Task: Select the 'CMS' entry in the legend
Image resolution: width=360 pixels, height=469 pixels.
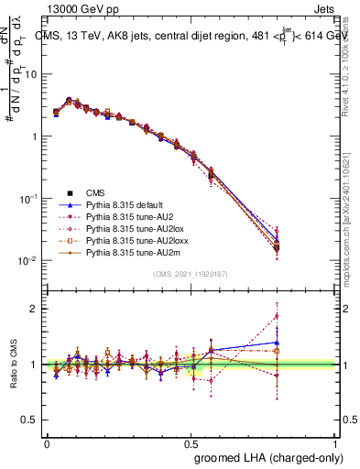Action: tap(94, 194)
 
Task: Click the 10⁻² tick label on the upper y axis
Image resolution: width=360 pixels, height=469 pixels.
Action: tap(27, 261)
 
